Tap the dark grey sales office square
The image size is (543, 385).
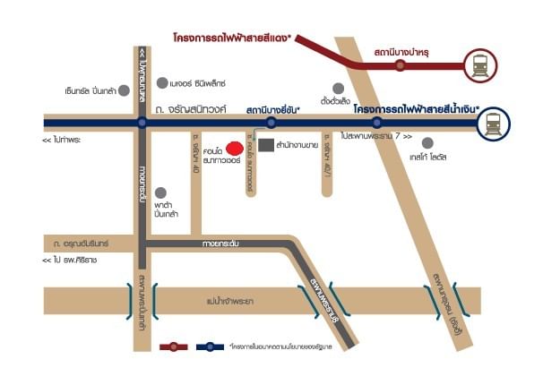(x=263, y=144)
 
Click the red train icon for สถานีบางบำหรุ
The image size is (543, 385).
(x=479, y=64)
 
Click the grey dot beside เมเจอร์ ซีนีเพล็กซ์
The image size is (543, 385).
(x=161, y=83)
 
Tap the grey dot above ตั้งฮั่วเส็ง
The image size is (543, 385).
(x=338, y=88)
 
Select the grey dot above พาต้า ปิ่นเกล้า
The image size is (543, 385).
(x=160, y=192)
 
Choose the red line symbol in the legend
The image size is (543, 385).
(x=176, y=346)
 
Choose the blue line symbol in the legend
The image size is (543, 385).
(x=210, y=346)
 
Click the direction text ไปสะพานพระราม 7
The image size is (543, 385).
(x=376, y=137)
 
